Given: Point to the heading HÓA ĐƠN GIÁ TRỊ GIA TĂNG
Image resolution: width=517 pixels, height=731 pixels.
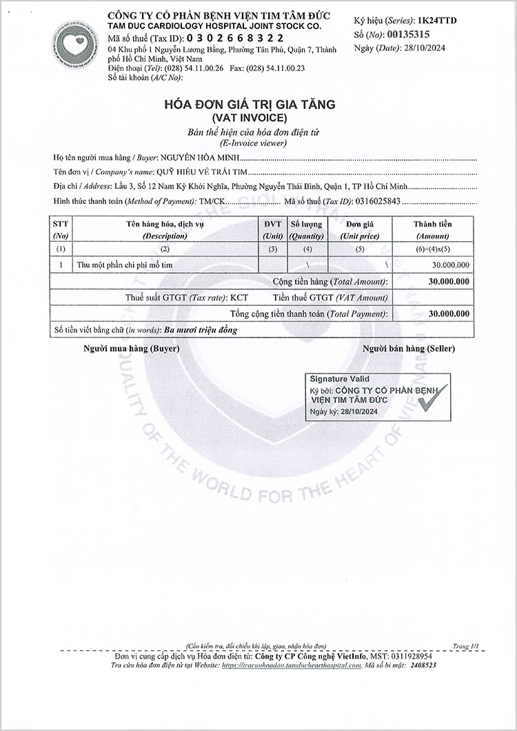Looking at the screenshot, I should [x=249, y=105].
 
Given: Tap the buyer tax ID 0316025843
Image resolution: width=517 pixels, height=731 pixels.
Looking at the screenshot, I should [x=378, y=201].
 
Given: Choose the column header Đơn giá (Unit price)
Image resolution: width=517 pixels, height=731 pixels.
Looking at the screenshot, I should [x=359, y=229].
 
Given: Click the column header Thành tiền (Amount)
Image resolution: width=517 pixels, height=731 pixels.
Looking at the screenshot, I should [x=432, y=229].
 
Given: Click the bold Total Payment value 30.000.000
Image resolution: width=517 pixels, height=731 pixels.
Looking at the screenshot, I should [x=449, y=313].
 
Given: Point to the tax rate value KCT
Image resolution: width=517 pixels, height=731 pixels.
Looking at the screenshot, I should [x=239, y=298].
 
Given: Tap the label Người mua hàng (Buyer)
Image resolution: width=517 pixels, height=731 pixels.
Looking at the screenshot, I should [x=131, y=349].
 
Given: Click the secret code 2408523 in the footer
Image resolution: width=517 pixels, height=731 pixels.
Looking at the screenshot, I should [x=420, y=666].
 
